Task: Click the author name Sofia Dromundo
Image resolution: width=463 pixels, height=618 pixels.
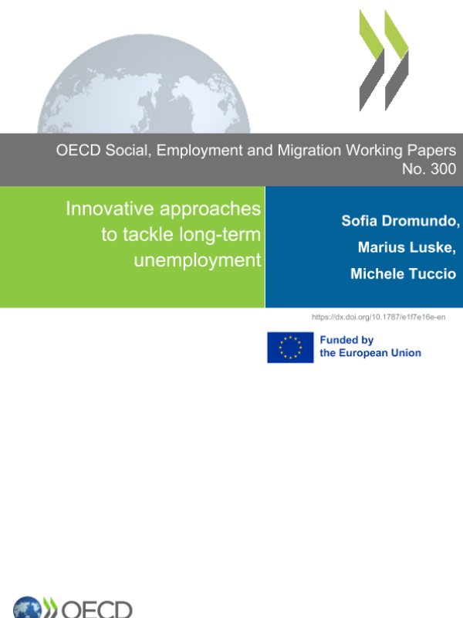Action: [x=400, y=221]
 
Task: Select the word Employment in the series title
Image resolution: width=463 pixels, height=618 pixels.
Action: [x=202, y=151]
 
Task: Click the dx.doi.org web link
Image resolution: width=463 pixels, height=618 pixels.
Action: [x=378, y=317]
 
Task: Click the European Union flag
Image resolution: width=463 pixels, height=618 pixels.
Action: [x=290, y=347]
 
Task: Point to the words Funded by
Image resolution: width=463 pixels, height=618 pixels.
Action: [x=346, y=340]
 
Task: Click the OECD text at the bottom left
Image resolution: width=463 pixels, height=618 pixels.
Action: [x=96, y=609]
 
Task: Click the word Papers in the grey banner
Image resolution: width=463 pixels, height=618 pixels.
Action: [x=428, y=151]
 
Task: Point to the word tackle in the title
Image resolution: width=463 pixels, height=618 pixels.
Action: [x=132, y=235]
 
